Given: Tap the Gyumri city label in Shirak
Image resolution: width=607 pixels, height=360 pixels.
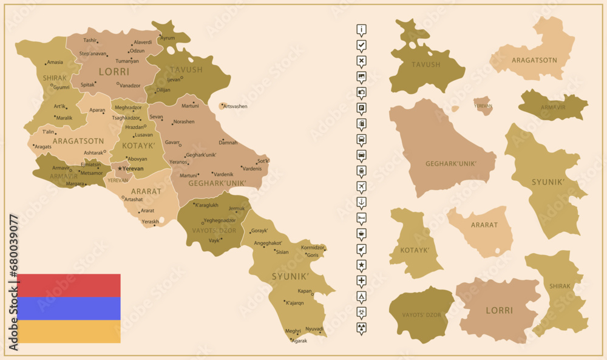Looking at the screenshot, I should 61,87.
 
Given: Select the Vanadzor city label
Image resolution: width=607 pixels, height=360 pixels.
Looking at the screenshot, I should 129,86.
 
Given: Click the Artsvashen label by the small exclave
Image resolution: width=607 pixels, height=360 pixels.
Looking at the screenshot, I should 236,106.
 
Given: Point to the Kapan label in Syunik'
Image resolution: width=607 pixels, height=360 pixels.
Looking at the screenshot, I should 305,291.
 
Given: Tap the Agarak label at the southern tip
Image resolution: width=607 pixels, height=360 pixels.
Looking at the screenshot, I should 299,341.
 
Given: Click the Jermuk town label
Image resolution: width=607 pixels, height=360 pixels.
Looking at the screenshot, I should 237,208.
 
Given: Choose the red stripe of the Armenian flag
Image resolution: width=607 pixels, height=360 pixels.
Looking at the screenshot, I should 69,285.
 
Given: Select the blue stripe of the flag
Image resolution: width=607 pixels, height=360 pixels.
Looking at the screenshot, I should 69,308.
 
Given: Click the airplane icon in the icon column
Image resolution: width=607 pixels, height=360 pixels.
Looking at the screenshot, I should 362,186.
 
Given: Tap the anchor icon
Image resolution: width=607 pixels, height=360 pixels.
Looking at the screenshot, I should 362,202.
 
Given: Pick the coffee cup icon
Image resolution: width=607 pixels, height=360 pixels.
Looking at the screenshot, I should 362,233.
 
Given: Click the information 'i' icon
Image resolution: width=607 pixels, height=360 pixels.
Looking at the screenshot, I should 362,30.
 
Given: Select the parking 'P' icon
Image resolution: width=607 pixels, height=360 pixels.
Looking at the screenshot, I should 362,108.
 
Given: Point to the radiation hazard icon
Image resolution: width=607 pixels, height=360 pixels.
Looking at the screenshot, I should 362,327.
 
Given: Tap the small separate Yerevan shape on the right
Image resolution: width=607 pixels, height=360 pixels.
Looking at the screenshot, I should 483,105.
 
